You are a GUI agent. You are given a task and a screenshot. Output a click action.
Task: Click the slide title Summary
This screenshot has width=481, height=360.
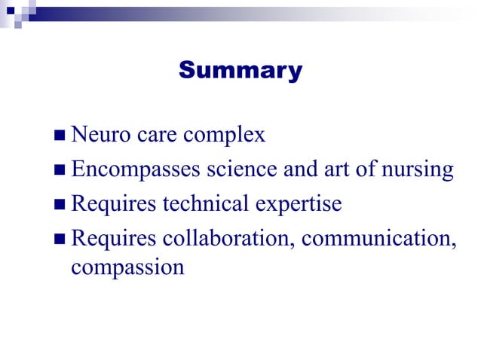(240, 71)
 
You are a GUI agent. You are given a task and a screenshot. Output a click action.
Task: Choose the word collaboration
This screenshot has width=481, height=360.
(226, 239)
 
